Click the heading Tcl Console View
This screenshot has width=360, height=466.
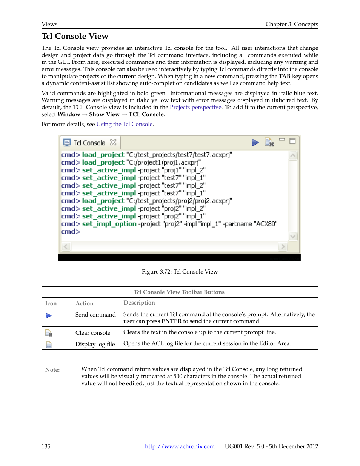(75, 36)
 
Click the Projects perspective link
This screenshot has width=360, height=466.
(195, 107)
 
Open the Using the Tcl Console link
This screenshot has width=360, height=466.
(124, 124)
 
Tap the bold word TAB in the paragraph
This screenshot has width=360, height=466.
(284, 76)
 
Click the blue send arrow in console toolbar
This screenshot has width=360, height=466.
(255, 142)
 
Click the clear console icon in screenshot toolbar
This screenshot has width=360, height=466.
(269, 142)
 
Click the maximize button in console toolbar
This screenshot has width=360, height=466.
(292, 141)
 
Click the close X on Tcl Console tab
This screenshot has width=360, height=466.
(113, 142)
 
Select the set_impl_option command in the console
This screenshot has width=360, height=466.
(109, 224)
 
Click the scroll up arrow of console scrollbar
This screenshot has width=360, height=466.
(293, 155)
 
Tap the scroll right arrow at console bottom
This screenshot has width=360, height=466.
(282, 247)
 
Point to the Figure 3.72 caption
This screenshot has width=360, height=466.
(180, 272)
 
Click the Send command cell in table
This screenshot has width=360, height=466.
(95, 315)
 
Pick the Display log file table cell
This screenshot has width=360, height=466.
(95, 344)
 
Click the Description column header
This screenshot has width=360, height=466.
(139, 303)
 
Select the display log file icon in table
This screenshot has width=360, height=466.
(49, 345)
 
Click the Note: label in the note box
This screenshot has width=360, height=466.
(52, 370)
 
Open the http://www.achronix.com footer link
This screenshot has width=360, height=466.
(180, 446)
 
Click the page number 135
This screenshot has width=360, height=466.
(46, 446)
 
